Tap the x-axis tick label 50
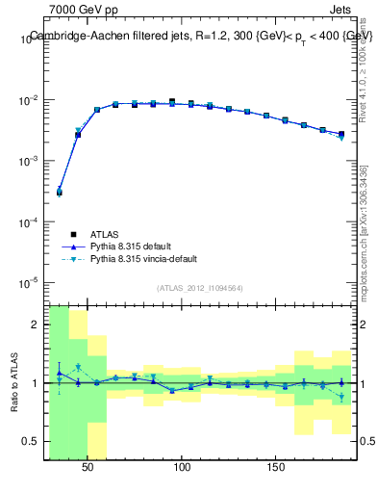tap(88, 467)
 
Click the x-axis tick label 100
tap(182, 467)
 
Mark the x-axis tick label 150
tap(276, 467)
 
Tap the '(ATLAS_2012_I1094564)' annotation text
tap(199, 288)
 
